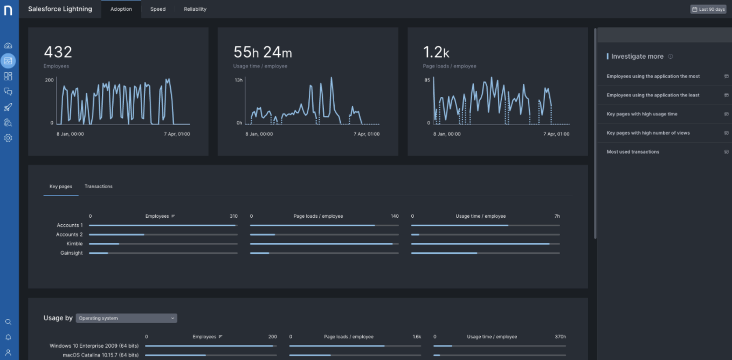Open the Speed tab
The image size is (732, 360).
[x=158, y=9]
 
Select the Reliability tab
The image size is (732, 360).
[x=195, y=9]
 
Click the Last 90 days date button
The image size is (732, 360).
[x=708, y=9]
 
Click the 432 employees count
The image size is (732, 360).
[x=58, y=52]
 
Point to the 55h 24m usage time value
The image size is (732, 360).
[x=263, y=52]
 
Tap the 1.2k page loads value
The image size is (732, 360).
[x=436, y=52]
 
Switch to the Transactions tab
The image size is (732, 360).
[x=98, y=186]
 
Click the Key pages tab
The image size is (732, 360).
[x=61, y=186]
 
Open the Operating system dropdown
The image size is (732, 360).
[x=127, y=318]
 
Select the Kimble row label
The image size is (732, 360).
[x=74, y=244]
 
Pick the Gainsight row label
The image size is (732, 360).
[x=72, y=253]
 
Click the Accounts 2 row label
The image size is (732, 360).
[x=70, y=234]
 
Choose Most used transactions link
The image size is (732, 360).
[x=633, y=151]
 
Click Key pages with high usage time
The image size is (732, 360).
[x=642, y=114]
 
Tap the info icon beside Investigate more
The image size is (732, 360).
[x=670, y=57]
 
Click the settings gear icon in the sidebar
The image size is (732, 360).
[x=8, y=138]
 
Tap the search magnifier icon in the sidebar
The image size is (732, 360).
[x=8, y=322]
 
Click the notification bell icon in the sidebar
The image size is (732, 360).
[x=8, y=337]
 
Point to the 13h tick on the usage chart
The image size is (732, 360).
[x=239, y=80]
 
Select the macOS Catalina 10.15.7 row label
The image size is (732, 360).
[x=101, y=355]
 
